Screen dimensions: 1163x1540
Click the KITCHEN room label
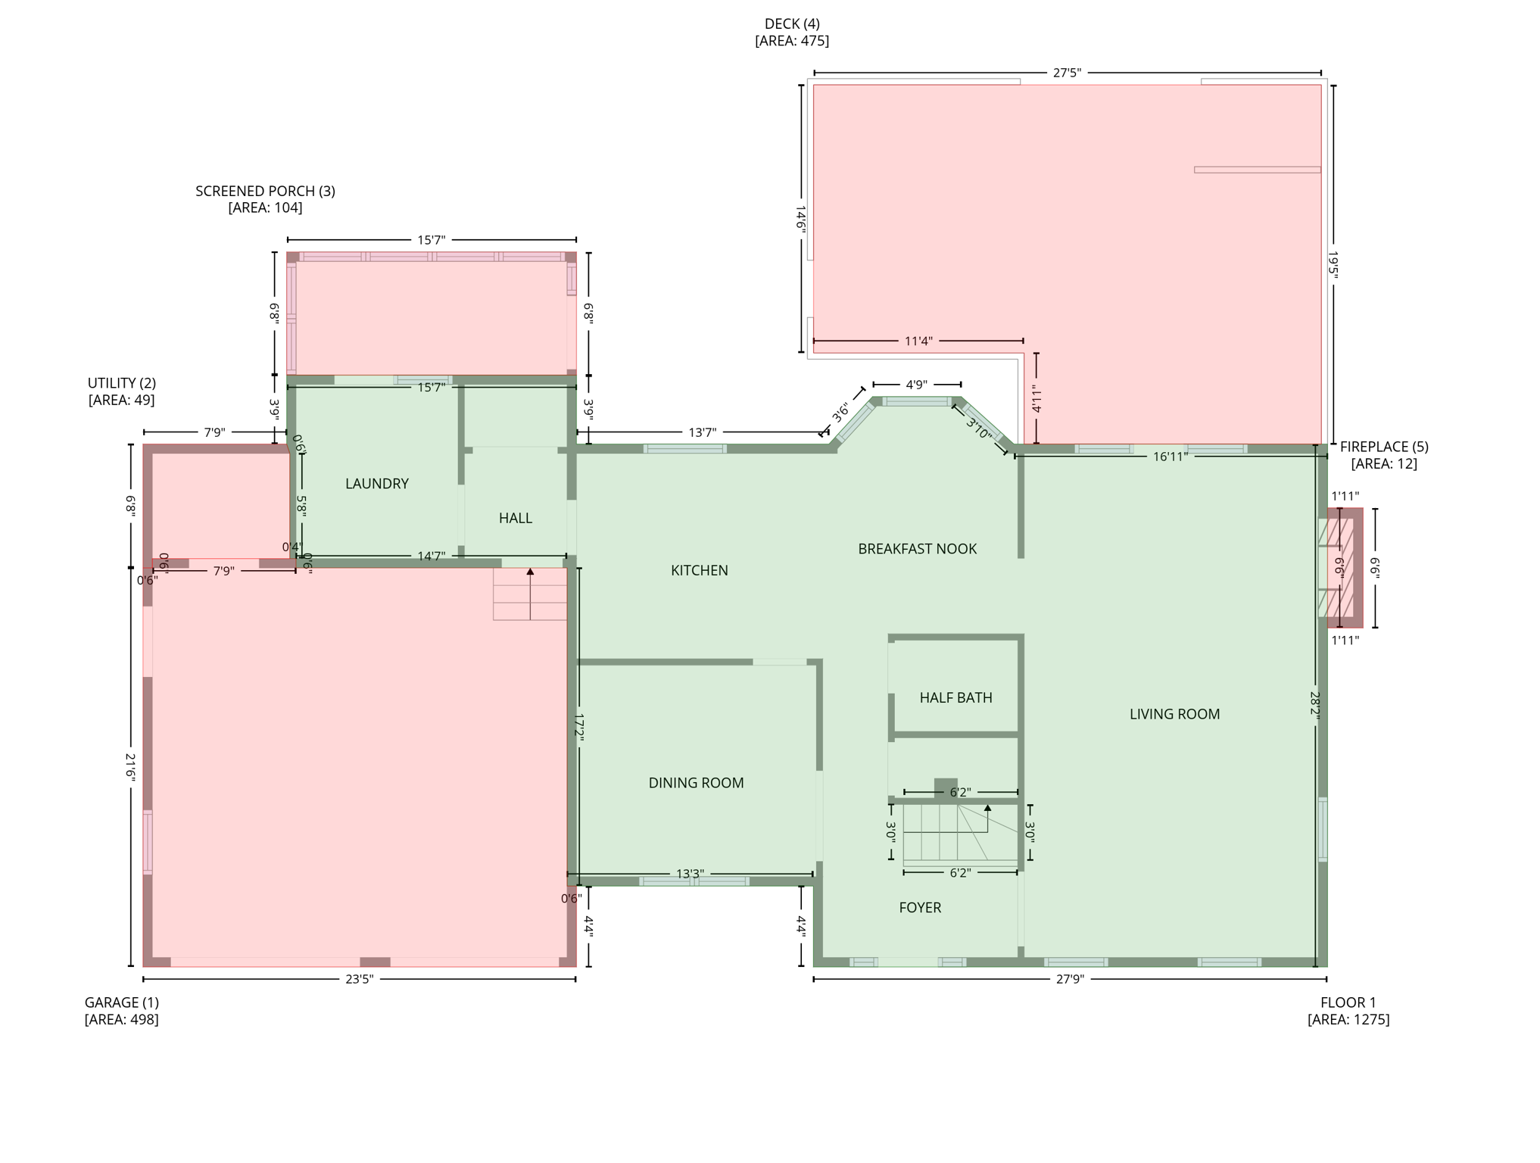[x=699, y=570]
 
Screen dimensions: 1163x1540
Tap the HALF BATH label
[x=955, y=697]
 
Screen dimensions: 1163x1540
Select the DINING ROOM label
[x=696, y=783]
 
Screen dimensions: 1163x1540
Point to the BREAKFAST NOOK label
[x=917, y=548]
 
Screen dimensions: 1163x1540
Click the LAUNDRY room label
[x=376, y=483]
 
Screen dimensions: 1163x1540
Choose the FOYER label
[x=920, y=907]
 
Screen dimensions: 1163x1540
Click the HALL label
[x=515, y=518]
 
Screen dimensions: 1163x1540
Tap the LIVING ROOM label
[x=1174, y=713]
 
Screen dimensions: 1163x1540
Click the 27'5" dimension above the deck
[x=1067, y=73]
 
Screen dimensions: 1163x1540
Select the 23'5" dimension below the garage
[x=359, y=978]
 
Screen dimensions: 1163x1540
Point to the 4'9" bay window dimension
[x=916, y=385]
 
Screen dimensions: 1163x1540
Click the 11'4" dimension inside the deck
[x=918, y=341]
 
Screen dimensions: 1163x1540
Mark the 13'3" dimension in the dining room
[x=689, y=873]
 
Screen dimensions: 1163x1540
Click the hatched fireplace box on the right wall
[x=1344, y=568]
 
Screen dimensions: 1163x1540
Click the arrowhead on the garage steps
[x=530, y=572]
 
